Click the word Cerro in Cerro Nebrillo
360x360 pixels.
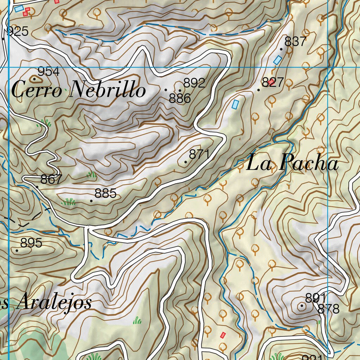(37, 90)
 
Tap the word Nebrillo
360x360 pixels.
(108, 90)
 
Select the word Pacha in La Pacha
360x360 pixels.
(309, 163)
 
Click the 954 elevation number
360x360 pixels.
(49, 72)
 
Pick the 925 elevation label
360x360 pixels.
(18, 32)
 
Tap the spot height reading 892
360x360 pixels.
(194, 83)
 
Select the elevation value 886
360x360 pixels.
(180, 98)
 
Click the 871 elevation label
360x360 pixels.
(199, 154)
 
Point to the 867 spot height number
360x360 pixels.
(51, 179)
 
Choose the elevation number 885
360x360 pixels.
(105, 193)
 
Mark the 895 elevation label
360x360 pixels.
(31, 243)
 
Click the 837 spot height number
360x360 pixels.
(295, 41)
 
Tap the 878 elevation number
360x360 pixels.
(328, 309)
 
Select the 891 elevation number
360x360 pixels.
(315, 298)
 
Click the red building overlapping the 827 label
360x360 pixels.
(271, 82)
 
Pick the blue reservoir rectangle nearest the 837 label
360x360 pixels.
(278, 60)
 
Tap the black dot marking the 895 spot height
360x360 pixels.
(17, 250)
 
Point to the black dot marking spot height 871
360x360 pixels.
(186, 162)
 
